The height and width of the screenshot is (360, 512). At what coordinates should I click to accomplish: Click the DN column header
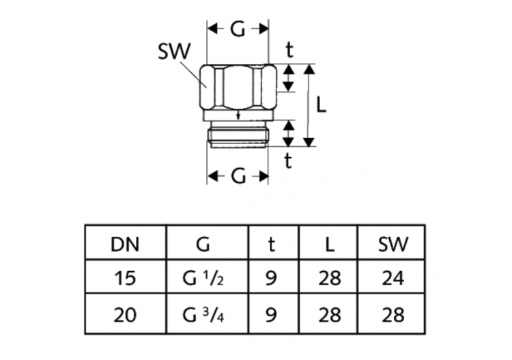coord(126,244)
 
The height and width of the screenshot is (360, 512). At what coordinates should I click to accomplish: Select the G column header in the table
coord(207,244)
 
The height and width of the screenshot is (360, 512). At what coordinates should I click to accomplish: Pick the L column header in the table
coord(329,244)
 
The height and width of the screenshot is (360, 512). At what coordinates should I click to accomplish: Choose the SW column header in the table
coord(393,244)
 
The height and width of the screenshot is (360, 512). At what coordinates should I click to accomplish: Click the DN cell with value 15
coord(126,278)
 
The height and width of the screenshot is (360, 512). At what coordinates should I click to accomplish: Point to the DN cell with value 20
coord(126,314)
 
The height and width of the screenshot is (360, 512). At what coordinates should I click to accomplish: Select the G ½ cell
coord(207,278)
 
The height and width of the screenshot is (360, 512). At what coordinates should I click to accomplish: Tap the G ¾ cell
coord(207,314)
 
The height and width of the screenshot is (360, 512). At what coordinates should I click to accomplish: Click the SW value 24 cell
coord(393,278)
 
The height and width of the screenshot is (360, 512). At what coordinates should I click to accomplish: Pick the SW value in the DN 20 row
coord(393,314)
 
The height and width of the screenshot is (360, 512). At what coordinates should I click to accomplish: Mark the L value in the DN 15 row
coord(329,278)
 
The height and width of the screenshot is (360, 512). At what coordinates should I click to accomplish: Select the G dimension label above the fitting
coord(238,29)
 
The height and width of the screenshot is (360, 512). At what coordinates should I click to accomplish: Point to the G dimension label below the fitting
coord(238,176)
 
